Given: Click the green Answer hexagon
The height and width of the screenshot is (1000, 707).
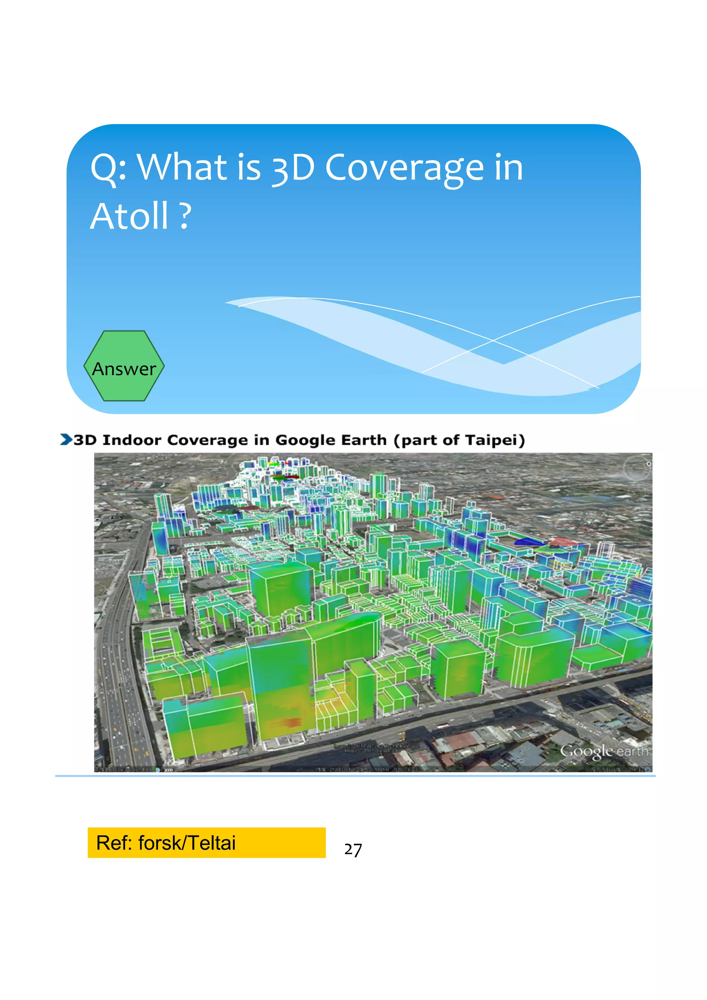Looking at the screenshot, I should [124, 366].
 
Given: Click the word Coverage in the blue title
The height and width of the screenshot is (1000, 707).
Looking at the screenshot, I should [405, 169].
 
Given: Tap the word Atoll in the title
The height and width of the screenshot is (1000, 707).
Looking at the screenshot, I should [129, 217].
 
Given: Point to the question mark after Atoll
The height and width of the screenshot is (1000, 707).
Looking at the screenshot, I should [185, 217].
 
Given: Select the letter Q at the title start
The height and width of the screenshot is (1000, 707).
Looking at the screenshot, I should [103, 169].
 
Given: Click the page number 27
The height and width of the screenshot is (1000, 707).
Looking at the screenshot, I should [352, 850].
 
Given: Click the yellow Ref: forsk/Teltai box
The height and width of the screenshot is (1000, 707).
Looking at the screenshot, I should [206, 843].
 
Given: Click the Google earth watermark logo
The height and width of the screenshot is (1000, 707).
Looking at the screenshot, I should [604, 751].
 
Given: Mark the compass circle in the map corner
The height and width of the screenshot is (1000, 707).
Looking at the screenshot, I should [637, 469].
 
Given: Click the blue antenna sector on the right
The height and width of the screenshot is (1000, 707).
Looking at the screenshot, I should [529, 541].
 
